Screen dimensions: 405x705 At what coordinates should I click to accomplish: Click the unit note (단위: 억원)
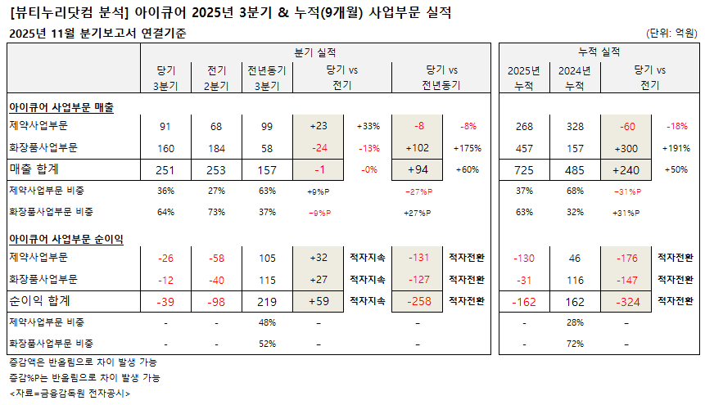[671, 33]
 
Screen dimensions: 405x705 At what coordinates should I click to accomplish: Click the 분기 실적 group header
[314, 52]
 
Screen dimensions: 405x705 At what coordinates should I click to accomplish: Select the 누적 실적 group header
[599, 52]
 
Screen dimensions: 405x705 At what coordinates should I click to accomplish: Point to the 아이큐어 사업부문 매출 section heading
[61, 107]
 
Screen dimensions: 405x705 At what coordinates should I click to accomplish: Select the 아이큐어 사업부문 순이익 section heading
[66, 239]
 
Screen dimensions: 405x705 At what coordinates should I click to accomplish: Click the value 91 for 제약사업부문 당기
[165, 127]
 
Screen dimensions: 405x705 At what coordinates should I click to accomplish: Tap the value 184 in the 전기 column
[215, 148]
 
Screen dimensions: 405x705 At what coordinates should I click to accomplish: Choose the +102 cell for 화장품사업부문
[418, 148]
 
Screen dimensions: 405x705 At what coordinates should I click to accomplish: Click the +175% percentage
[468, 148]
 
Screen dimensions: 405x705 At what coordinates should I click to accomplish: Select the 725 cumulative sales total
[525, 169]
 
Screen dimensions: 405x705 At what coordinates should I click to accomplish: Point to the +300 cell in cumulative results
[627, 148]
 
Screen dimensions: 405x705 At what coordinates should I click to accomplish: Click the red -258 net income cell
[418, 301]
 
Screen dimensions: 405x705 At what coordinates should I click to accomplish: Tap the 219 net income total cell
[266, 301]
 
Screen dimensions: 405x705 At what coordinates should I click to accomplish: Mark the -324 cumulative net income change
[627, 301]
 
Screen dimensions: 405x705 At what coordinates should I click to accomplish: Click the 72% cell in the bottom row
[575, 343]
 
